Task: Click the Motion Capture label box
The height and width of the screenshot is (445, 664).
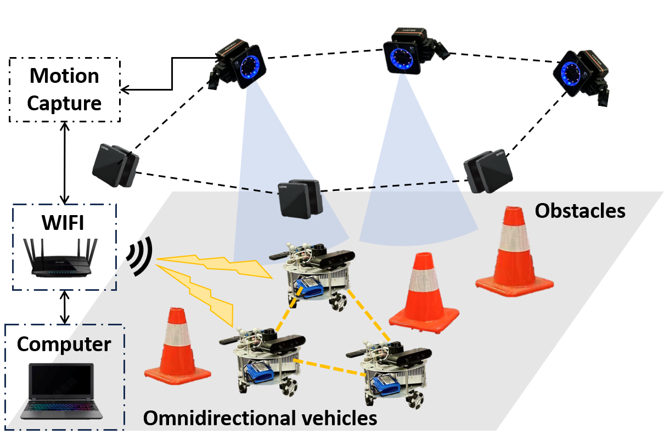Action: coord(65,89)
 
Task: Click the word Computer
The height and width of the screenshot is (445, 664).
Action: coord(64,344)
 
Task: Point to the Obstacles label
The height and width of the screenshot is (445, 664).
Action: coord(579,210)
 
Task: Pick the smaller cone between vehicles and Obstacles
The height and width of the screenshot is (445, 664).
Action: coord(424,294)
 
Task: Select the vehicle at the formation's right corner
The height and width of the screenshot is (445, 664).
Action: coord(393,368)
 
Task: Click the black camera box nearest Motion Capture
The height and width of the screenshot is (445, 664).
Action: coord(116,164)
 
